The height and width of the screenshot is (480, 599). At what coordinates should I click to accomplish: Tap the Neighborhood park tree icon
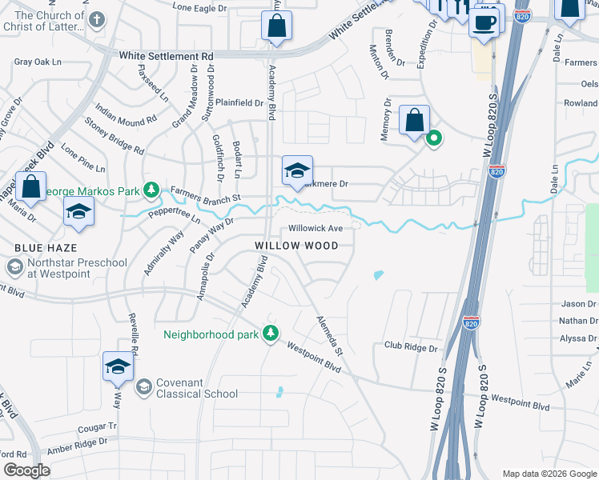tap(271, 333)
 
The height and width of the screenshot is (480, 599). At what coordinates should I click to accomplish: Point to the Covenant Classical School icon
tap(143, 387)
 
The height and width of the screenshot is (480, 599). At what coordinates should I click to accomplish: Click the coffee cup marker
tap(486, 22)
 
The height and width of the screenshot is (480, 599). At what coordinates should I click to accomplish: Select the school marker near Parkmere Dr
tap(297, 171)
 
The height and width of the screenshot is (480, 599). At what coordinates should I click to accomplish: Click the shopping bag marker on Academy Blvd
tap(276, 26)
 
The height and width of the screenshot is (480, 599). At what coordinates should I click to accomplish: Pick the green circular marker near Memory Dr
tap(434, 138)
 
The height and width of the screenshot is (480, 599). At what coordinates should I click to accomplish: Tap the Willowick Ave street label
tap(315, 228)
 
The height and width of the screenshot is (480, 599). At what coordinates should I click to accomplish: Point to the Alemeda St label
tap(328, 336)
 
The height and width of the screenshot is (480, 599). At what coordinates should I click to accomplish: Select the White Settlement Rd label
tap(167, 57)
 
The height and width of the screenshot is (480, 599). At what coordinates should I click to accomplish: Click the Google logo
tap(26, 470)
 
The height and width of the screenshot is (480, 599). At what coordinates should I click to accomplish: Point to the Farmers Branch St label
tap(205, 194)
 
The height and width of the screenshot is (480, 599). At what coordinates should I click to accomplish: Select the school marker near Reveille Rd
tap(118, 366)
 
